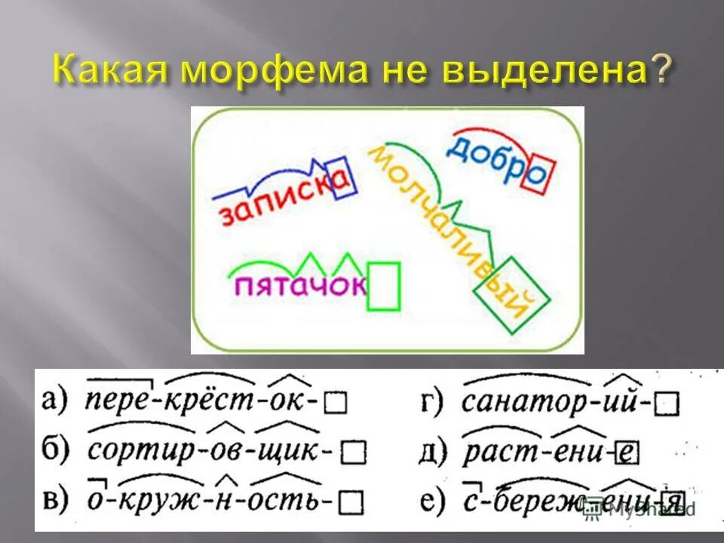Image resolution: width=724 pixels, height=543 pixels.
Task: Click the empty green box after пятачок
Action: tap(383, 287)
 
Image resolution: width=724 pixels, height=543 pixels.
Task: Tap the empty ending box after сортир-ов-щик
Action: tap(353, 452)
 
